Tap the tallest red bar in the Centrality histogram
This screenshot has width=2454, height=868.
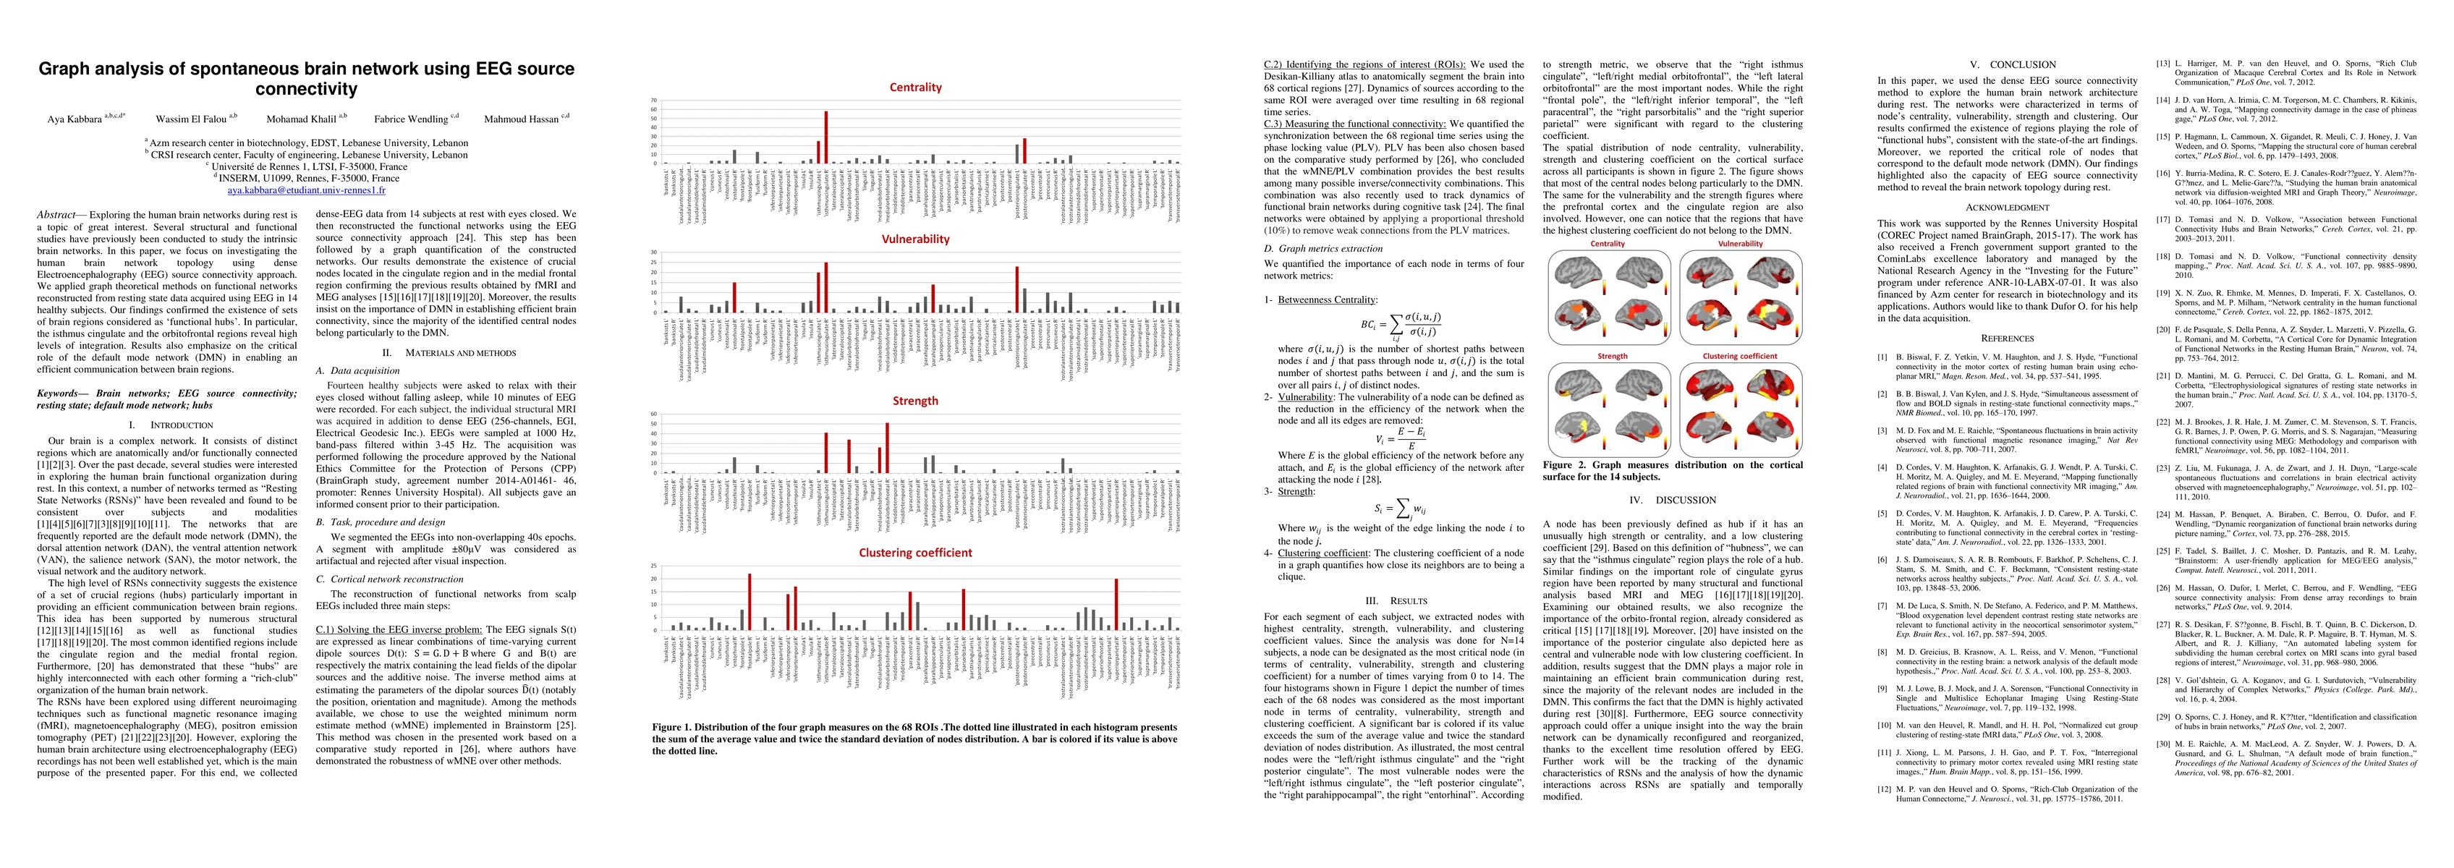(x=826, y=138)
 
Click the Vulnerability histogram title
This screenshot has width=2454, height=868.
(x=914, y=239)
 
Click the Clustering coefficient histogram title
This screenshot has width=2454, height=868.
(x=914, y=553)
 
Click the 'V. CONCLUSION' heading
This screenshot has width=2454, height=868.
(x=2007, y=65)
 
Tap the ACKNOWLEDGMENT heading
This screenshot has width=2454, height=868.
(x=2006, y=208)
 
